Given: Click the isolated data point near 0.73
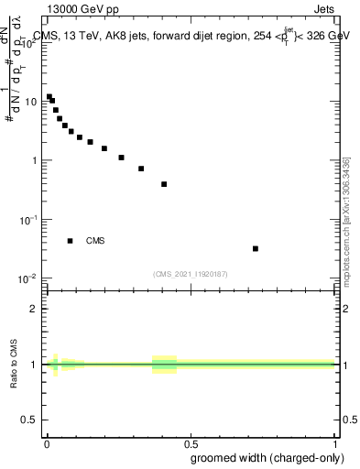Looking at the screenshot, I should click(256, 248).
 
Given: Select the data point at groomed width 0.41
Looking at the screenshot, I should click(164, 184).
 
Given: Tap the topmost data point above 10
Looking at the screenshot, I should click(49, 96).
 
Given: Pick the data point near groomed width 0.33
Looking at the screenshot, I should click(141, 169).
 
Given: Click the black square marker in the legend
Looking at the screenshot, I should click(71, 241).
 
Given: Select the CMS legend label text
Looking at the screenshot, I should click(95, 241).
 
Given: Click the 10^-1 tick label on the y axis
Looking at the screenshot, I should click(28, 220).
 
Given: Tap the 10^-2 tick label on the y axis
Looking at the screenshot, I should click(28, 278).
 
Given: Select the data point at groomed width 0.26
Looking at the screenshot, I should click(121, 158).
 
